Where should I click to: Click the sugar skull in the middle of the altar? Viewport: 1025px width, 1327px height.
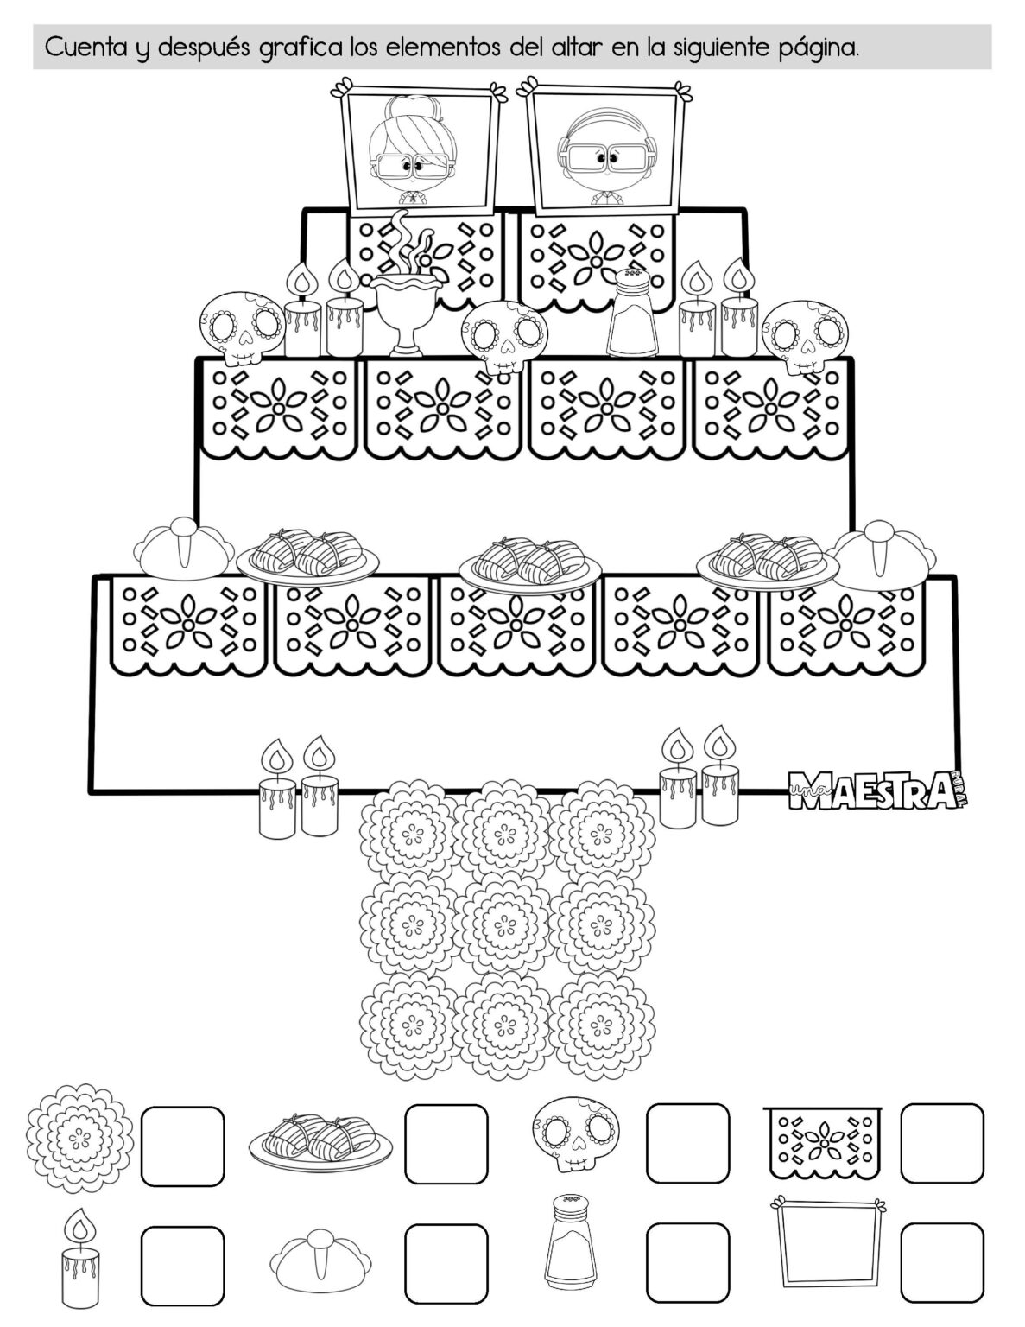click(504, 335)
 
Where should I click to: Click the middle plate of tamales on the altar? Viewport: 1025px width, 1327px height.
click(530, 562)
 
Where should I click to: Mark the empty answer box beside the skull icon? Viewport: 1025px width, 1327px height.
click(687, 1142)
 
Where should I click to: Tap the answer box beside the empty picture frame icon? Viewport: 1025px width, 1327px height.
click(941, 1263)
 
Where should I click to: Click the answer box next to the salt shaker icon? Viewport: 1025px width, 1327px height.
click(687, 1263)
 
